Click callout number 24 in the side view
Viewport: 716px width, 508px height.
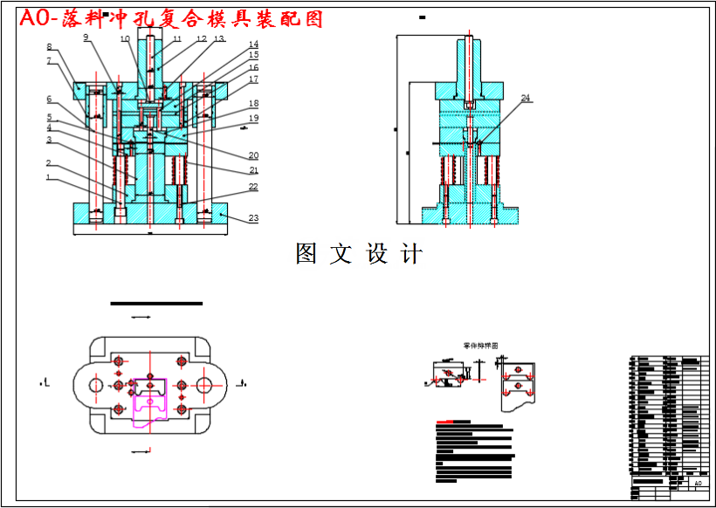pos(526,99)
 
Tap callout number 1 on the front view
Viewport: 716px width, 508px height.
pos(50,178)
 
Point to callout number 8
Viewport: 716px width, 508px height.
pos(49,46)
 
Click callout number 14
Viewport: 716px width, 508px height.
pos(253,45)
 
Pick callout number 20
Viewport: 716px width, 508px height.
pos(253,155)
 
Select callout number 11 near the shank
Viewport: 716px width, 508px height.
pos(177,39)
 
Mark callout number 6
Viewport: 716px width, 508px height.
pos(50,99)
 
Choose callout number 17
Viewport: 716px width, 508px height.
pos(253,79)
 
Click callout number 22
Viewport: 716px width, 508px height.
pos(253,187)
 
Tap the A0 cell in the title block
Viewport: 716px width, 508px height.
pos(697,483)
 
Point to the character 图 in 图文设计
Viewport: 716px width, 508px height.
pos(306,254)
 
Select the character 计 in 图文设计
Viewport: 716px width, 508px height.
pos(412,254)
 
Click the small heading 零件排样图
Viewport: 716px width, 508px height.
pos(480,347)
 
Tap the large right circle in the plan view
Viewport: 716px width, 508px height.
pos(209,384)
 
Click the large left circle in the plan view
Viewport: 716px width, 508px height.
pos(90,384)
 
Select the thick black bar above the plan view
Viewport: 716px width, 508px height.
pos(156,303)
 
